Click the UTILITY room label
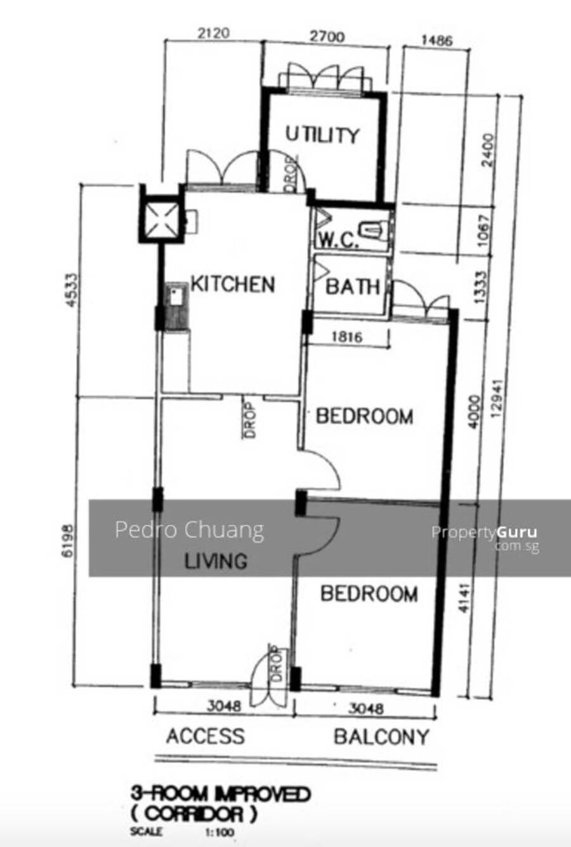[x=322, y=135]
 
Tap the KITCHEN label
[x=233, y=284]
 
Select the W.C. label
[x=338, y=240]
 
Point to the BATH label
[x=353, y=286]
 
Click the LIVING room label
[x=216, y=561]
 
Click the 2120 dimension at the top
[x=214, y=33]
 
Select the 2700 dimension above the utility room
[x=327, y=37]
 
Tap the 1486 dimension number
[x=437, y=40]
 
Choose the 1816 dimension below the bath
[x=348, y=337]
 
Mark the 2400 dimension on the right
[x=489, y=150]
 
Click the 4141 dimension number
[x=464, y=598]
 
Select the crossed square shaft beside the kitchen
[x=162, y=219]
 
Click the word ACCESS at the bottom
[x=206, y=736]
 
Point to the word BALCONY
[x=381, y=737]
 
